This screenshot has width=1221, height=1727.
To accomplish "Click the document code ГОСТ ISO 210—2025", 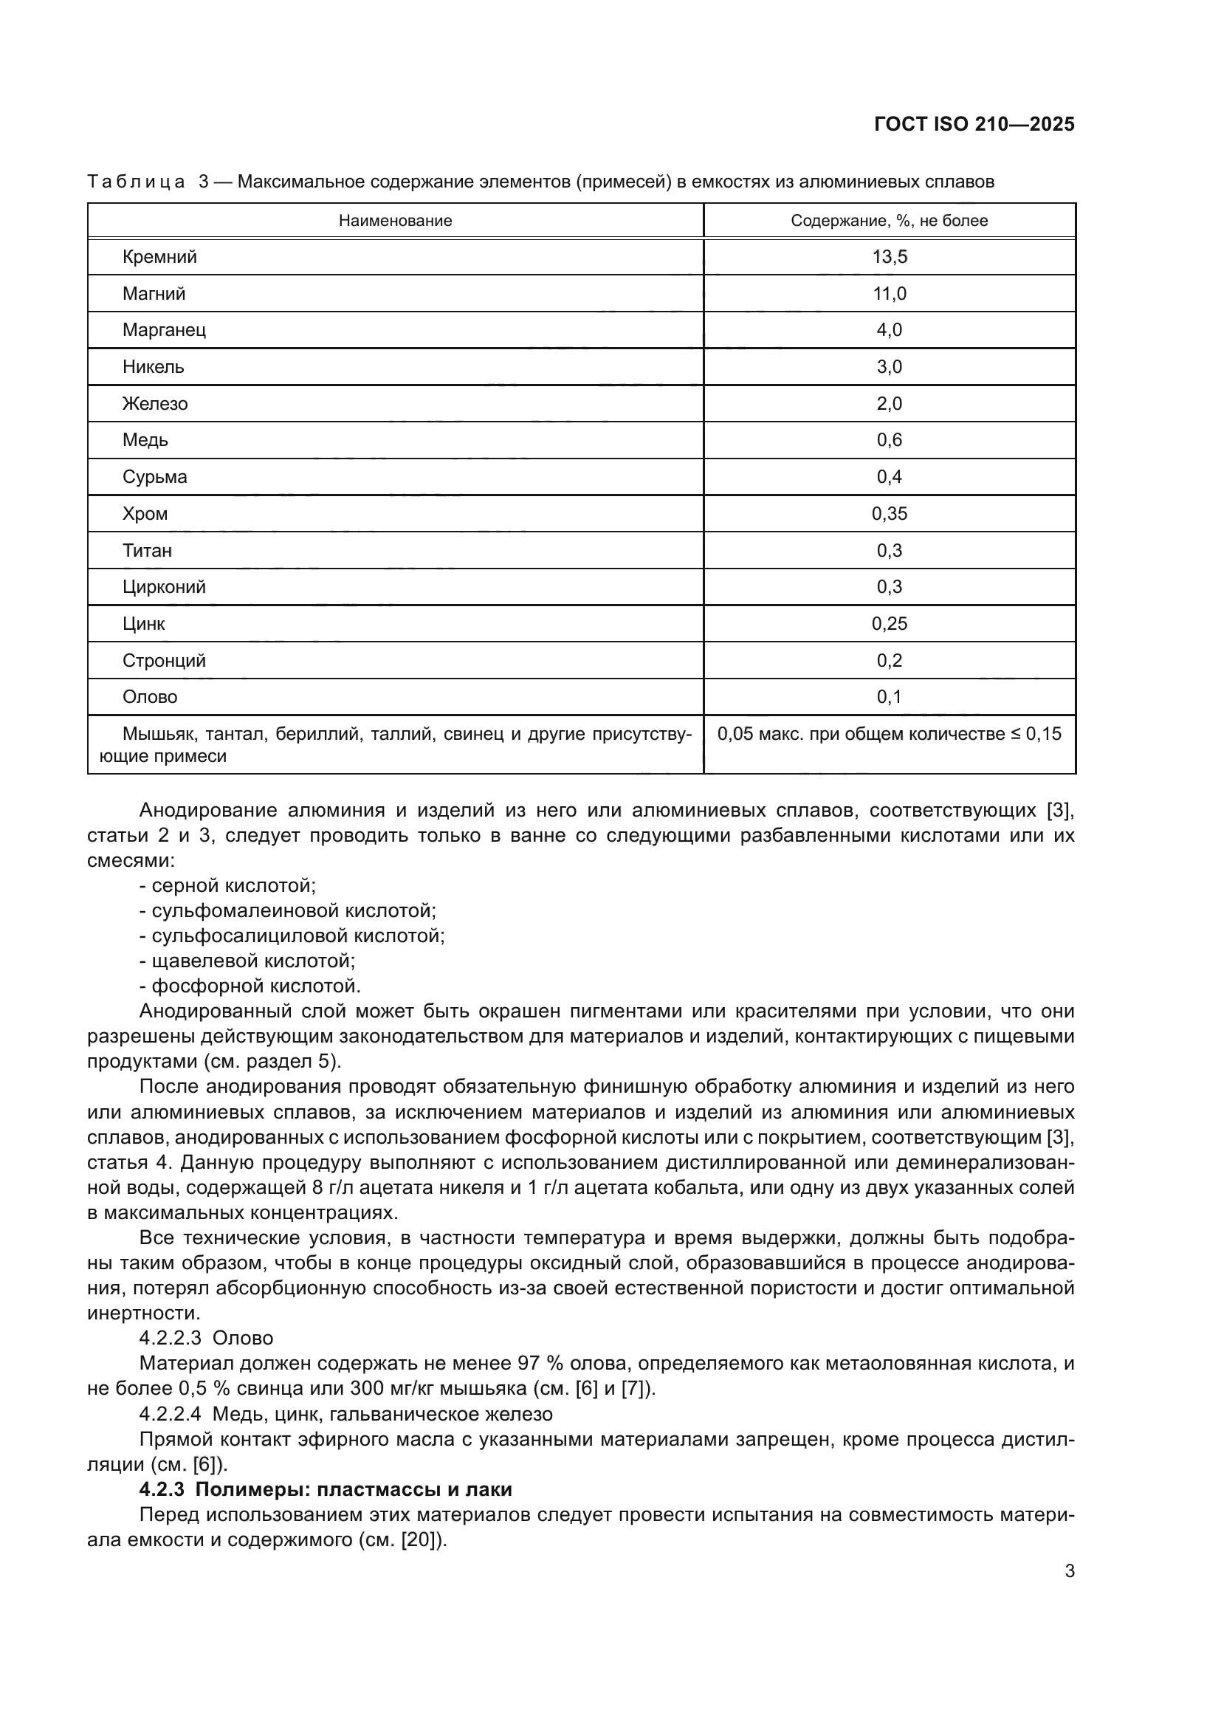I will [x=974, y=124].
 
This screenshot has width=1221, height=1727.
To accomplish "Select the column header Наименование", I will [x=395, y=220].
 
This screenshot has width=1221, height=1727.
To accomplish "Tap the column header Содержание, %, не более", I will [x=889, y=220].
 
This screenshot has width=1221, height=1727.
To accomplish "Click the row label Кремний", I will [x=159, y=256].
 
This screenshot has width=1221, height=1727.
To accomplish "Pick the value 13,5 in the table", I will [x=889, y=256].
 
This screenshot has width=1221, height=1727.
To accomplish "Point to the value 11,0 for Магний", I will [x=889, y=293].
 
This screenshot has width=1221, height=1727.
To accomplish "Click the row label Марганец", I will [x=164, y=329].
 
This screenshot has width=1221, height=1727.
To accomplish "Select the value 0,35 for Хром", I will [x=889, y=514].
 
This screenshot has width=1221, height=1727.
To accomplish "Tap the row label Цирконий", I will [x=164, y=587].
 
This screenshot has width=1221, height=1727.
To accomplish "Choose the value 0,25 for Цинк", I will [x=889, y=624].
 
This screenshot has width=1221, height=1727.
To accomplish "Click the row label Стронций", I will [x=164, y=660].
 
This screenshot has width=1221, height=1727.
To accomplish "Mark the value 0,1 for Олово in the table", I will [x=889, y=696].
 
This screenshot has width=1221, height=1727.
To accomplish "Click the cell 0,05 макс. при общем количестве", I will [x=889, y=733].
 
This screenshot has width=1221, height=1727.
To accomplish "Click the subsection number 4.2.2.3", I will [x=170, y=1337].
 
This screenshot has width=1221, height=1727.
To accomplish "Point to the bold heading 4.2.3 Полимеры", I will [x=326, y=1489].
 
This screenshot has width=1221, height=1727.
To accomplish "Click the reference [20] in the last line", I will [x=419, y=1539].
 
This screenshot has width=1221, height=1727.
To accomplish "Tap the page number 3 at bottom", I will [x=1069, y=1592].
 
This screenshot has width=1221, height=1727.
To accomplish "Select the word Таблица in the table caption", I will [x=136, y=182].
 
